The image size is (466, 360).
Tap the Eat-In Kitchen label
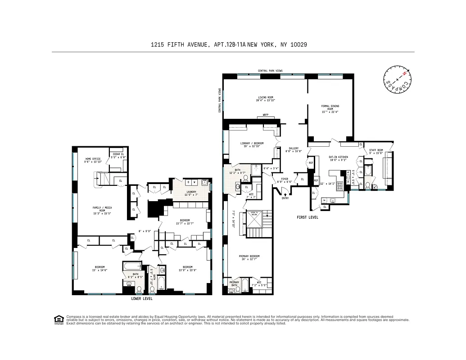point(338,157)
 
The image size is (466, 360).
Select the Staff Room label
point(376,150)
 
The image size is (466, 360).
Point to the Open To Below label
point(254,214)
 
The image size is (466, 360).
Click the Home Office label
point(92,159)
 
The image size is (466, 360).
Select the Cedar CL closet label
point(119,154)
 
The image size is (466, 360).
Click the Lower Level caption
point(141,298)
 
